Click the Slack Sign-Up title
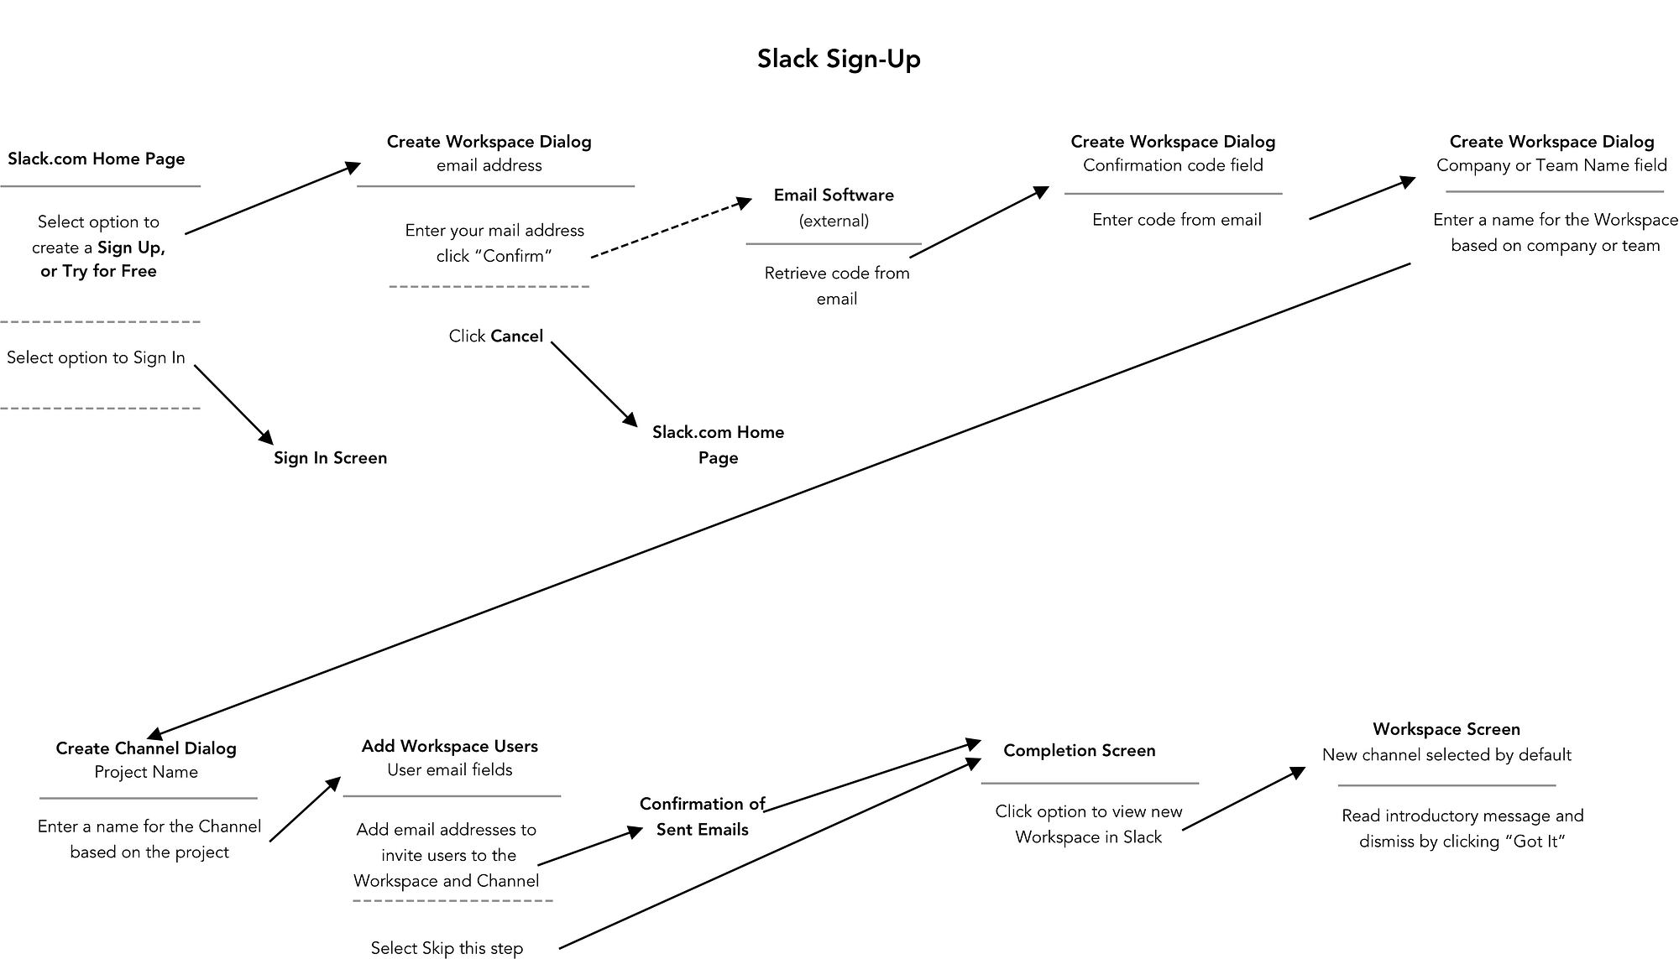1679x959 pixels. (x=839, y=59)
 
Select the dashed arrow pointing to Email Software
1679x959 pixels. (x=672, y=228)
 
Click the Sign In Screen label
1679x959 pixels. (x=330, y=458)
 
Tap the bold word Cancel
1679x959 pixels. (x=517, y=336)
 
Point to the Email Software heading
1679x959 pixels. (x=834, y=195)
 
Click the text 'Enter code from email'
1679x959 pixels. (x=1176, y=220)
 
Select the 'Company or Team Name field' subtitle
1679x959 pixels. (x=1551, y=165)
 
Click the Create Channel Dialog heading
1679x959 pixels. (x=146, y=748)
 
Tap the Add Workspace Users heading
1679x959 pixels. (x=449, y=746)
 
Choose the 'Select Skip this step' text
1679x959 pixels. (x=447, y=948)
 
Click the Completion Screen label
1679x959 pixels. (x=1079, y=751)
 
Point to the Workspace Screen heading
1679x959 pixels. (x=1446, y=729)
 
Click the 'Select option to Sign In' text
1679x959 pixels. (x=96, y=358)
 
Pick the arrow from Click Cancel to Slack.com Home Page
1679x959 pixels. (x=594, y=384)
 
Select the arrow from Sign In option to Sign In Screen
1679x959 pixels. (x=233, y=404)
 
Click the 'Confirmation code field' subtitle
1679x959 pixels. (x=1173, y=165)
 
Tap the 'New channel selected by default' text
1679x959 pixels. (x=1446, y=755)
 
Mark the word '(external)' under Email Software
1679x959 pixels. (x=834, y=222)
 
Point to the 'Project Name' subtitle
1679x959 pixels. (x=146, y=772)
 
